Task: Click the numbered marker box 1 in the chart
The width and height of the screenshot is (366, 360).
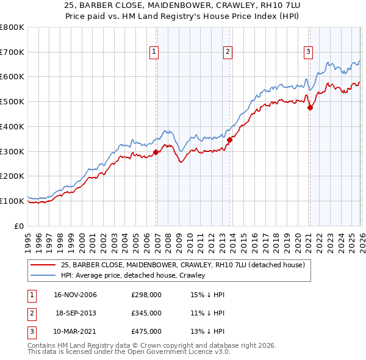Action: click(154, 52)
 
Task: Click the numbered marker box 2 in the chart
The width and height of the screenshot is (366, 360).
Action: click(228, 52)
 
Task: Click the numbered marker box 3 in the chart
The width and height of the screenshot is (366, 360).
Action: click(308, 52)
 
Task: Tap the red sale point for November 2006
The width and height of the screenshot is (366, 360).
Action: click(156, 152)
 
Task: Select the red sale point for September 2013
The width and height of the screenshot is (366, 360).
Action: click(229, 140)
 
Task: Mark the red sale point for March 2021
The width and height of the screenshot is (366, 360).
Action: click(310, 108)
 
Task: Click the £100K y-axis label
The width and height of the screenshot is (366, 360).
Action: click(12, 201)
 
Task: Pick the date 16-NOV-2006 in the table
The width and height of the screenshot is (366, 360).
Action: click(76, 295)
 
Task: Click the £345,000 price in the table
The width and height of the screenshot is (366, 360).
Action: click(146, 313)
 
